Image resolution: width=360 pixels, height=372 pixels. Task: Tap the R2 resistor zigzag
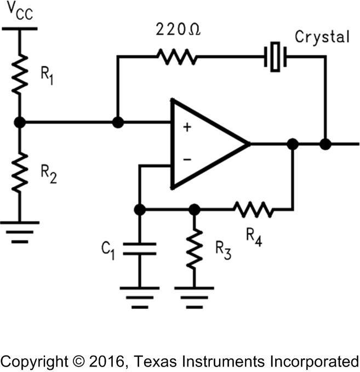20,173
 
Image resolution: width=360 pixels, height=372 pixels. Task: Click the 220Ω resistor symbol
176,56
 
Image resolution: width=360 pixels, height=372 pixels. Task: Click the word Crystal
322,37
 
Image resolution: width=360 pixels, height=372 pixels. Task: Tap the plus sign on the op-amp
187,127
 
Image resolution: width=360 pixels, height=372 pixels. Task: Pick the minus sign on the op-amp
187,159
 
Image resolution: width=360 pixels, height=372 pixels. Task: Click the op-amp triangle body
205,144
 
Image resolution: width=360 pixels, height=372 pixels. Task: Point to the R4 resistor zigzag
252,209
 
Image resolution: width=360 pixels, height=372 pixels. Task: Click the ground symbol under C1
140,293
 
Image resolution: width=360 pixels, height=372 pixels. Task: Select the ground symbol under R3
193,293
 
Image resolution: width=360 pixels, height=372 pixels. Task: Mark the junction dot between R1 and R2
20,123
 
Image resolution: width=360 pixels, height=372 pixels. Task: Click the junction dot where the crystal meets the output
325,144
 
